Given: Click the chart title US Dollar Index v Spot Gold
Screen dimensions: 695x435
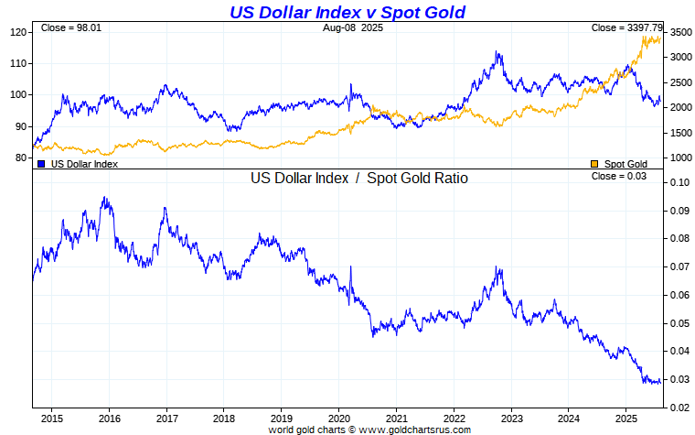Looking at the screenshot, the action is tap(347, 12).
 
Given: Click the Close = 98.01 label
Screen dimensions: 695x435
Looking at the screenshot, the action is tap(71, 27).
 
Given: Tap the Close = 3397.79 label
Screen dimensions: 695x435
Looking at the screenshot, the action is tap(626, 27).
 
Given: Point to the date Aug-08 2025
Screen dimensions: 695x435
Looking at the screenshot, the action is tap(353, 27).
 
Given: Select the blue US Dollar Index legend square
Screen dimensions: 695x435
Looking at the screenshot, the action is tap(41, 164).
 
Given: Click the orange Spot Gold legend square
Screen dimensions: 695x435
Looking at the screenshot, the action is tap(594, 164).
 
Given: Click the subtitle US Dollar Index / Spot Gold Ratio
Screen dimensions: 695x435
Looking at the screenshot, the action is tap(359, 178).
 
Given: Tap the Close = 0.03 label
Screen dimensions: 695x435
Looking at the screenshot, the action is tap(619, 176).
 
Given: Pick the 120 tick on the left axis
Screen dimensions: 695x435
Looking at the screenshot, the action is tap(18, 32).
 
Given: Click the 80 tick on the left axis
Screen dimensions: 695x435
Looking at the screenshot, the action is tap(21, 158).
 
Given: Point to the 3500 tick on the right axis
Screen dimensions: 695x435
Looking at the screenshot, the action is tap(680, 32).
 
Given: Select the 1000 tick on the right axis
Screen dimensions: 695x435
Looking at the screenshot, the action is tap(680, 158).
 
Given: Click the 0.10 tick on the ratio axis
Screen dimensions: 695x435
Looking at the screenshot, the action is tap(680, 182).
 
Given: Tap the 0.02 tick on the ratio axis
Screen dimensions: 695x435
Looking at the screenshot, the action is tap(680, 408).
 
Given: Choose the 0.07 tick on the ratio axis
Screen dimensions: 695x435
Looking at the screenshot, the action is tap(680, 266).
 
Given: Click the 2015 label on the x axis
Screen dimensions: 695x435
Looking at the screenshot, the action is tap(52, 419).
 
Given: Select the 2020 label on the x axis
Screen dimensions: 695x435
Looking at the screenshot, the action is tap(339, 419).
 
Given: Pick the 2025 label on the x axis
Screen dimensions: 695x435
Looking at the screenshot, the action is tap(625, 419).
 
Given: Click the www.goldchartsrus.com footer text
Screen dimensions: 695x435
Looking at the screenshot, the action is tap(415, 430).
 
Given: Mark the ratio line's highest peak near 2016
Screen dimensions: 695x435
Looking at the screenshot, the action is tap(104, 197).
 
